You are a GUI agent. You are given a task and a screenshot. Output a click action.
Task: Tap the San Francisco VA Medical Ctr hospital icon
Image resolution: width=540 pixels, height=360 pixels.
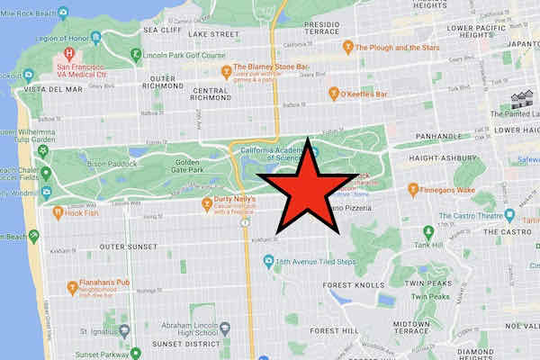[67, 54]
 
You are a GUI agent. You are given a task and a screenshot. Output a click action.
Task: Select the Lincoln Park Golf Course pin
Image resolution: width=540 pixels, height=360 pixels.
[135, 54]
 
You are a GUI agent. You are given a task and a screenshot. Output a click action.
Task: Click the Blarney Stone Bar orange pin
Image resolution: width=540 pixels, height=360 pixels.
[225, 67]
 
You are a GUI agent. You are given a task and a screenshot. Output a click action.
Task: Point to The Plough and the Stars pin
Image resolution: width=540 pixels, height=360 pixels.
[347, 47]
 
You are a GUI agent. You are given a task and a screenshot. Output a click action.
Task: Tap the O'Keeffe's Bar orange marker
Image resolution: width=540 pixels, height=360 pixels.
[334, 94]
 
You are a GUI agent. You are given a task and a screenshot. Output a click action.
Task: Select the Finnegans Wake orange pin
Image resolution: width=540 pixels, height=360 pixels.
[413, 189]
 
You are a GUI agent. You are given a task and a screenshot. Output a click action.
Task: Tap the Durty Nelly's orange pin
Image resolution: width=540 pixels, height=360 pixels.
[207, 201]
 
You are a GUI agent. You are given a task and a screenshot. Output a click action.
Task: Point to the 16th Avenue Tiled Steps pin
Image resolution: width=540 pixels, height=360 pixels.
[268, 262]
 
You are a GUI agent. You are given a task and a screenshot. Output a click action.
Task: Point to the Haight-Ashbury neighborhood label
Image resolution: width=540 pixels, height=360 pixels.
[448, 157]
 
